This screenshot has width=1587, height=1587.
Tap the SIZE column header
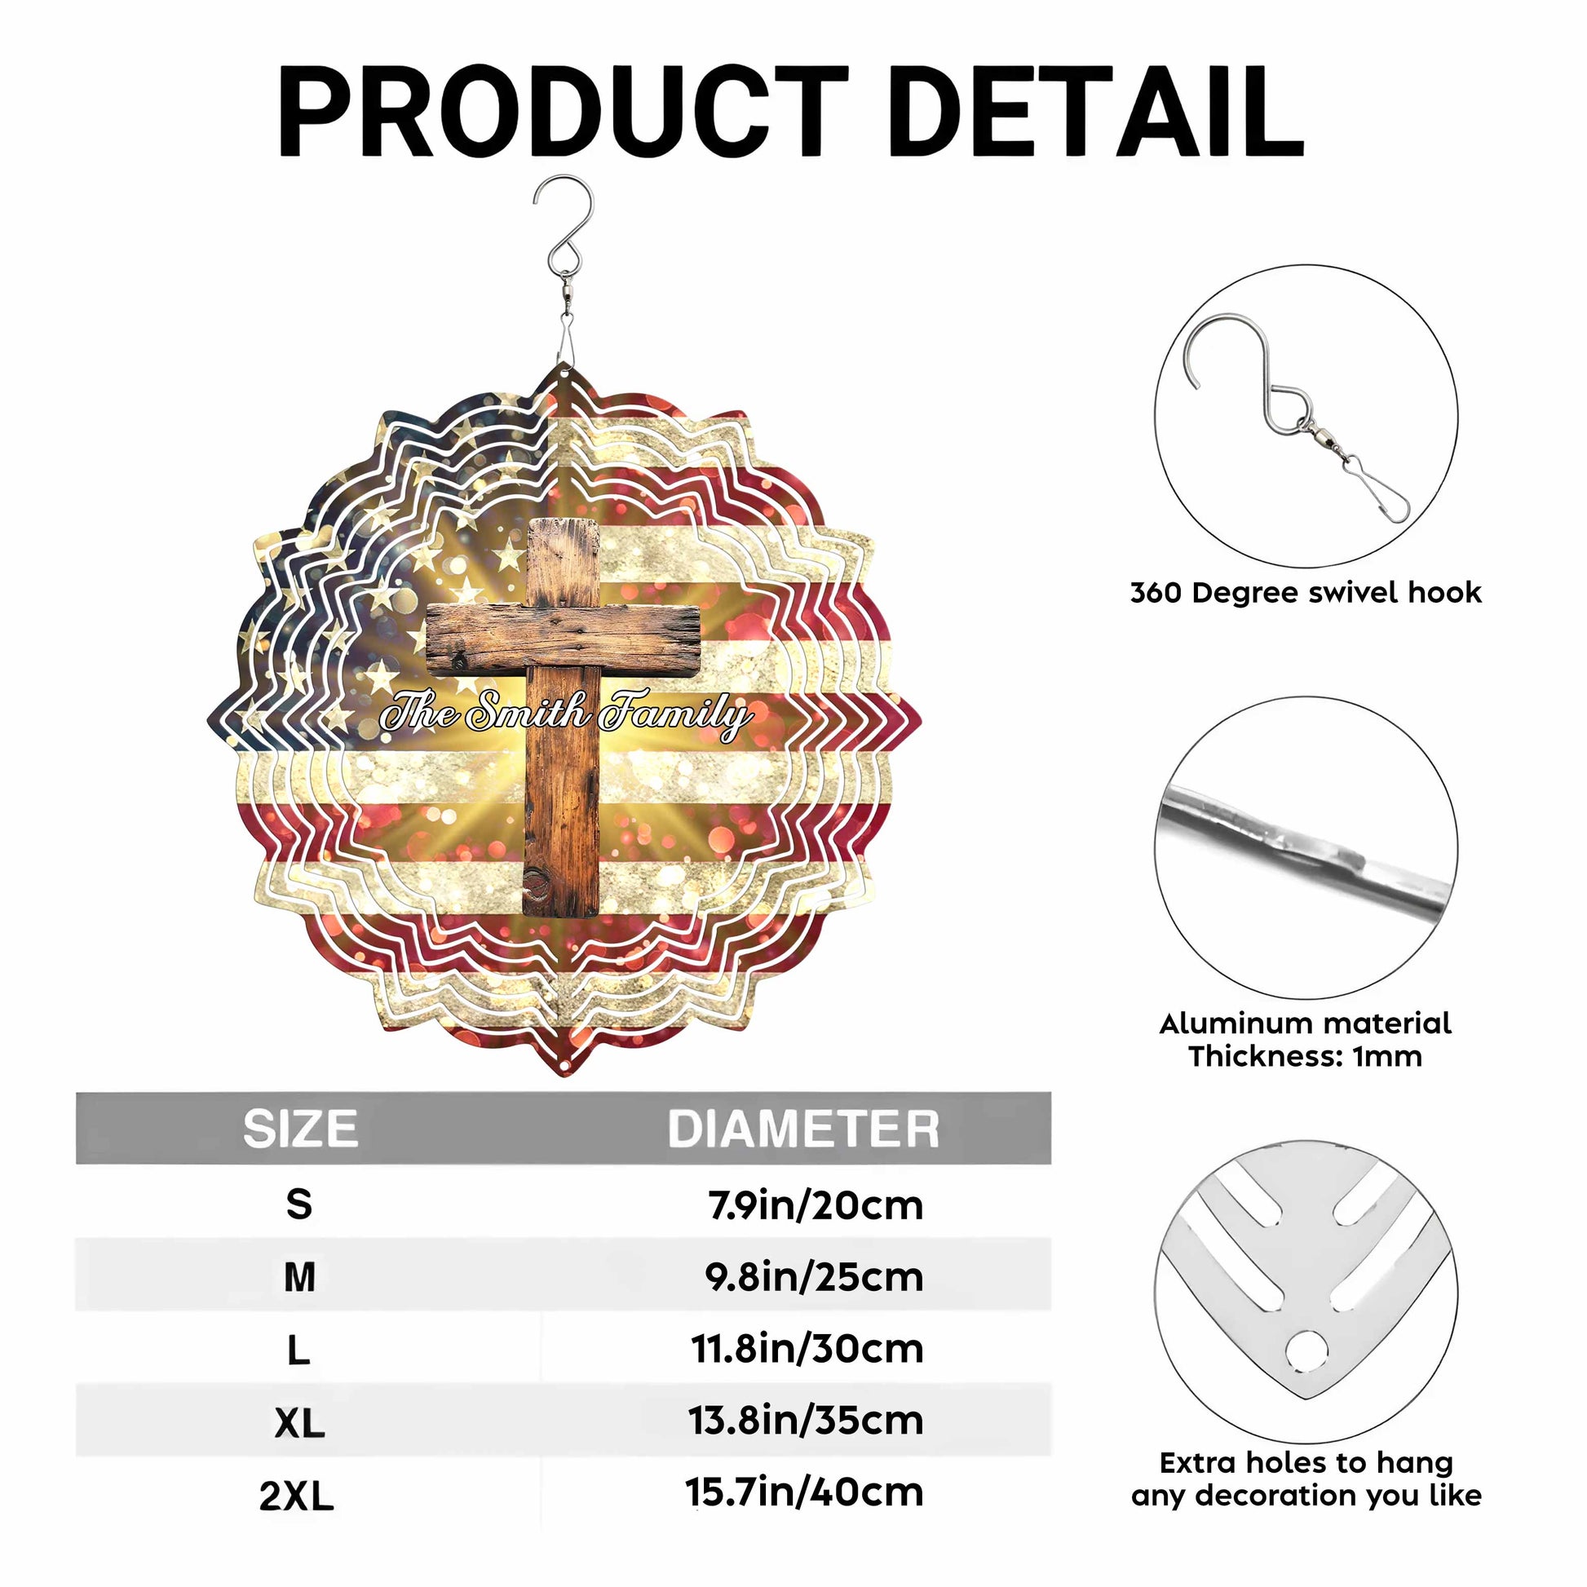[x=300, y=1128]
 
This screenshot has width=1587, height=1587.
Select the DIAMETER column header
[x=803, y=1128]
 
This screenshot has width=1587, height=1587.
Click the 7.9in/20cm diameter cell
[x=816, y=1205]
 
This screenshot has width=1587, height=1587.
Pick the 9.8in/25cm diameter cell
[x=814, y=1276]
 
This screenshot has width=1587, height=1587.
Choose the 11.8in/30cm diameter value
[x=807, y=1349]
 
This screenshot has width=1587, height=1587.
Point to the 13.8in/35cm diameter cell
[x=807, y=1421]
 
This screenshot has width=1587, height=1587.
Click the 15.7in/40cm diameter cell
[x=805, y=1492]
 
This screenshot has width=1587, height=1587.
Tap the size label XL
[x=300, y=1423]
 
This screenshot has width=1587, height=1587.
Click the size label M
[x=299, y=1277]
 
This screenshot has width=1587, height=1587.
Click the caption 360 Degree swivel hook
[x=1306, y=592]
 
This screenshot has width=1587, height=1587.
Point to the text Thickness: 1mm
[x=1306, y=1055]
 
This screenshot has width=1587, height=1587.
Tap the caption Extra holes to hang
[x=1306, y=1462]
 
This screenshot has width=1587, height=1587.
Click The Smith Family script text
[x=566, y=712]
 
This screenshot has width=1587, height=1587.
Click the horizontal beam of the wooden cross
[x=564, y=638]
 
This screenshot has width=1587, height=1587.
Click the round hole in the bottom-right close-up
[x=1306, y=1352]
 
